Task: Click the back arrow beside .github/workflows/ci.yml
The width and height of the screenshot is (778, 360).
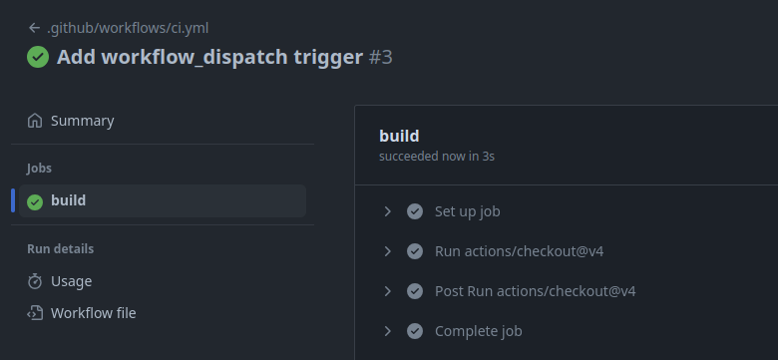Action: [34, 28]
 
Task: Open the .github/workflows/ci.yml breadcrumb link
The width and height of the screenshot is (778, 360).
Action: [128, 28]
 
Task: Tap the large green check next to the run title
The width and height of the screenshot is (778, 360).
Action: [38, 57]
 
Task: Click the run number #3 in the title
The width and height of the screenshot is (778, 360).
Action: [381, 57]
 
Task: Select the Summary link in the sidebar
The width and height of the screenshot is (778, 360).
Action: [83, 121]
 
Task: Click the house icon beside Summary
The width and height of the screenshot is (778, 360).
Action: [35, 121]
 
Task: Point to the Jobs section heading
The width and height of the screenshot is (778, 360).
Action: [39, 169]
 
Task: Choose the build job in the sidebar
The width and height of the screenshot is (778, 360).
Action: [69, 200]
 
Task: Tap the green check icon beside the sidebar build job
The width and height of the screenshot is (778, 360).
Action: [35, 201]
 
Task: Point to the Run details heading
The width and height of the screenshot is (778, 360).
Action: [60, 248]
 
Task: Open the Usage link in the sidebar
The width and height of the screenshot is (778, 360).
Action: [72, 281]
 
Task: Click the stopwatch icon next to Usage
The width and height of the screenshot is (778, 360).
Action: [35, 281]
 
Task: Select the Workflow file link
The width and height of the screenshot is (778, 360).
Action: [94, 313]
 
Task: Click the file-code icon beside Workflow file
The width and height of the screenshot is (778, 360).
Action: [35, 313]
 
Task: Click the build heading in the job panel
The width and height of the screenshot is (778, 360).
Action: [399, 136]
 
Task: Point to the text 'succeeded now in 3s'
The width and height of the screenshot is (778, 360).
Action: [437, 157]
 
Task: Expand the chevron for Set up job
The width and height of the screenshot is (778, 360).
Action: [388, 211]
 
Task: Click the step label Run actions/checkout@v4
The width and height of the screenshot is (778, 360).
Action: [519, 251]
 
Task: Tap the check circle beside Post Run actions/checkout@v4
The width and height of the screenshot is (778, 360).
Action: [415, 291]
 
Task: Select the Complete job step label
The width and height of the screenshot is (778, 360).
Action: [479, 331]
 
